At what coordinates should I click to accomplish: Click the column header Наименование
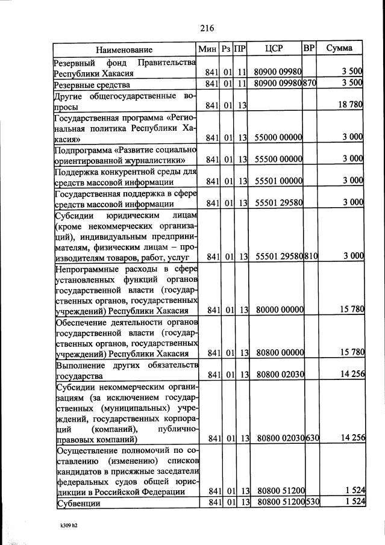point(124,49)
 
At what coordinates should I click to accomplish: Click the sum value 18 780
point(351,105)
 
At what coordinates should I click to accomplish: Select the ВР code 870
point(310,83)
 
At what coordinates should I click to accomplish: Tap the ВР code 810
point(311,256)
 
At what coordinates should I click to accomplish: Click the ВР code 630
point(311,438)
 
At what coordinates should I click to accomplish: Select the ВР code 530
point(311,502)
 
